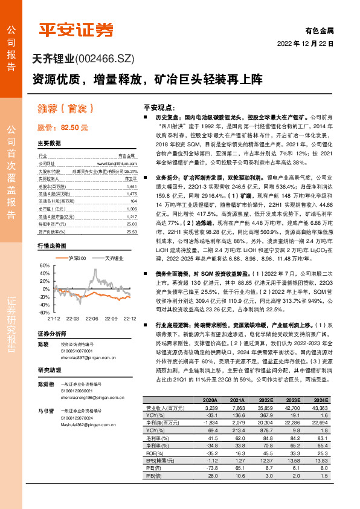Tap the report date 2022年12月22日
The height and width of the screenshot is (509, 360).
point(304,44)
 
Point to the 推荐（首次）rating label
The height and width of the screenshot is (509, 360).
point(65,109)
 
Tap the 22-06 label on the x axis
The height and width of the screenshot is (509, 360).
point(92,317)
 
